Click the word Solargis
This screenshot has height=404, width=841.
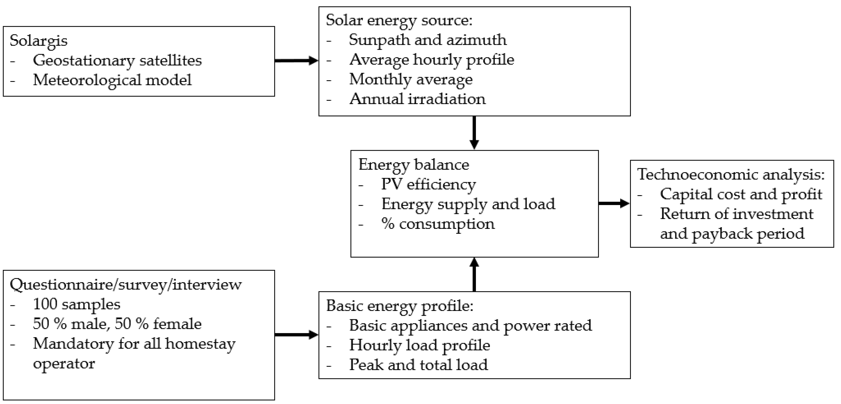tap(39, 41)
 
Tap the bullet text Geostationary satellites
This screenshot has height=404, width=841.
tap(117, 61)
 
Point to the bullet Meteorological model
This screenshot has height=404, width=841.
tap(112, 80)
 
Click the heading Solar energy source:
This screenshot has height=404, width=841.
tap(399, 20)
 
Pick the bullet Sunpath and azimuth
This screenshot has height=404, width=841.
tap(428, 40)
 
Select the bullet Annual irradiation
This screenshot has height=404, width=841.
tap(417, 99)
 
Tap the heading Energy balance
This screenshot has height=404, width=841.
tap(414, 165)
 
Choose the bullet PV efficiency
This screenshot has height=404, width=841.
tap(428, 184)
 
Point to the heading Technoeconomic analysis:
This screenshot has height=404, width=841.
tap(731, 174)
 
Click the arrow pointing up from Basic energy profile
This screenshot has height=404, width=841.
tap(474, 275)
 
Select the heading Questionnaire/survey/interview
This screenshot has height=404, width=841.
tap(126, 284)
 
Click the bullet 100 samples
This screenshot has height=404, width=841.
tap(76, 304)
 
